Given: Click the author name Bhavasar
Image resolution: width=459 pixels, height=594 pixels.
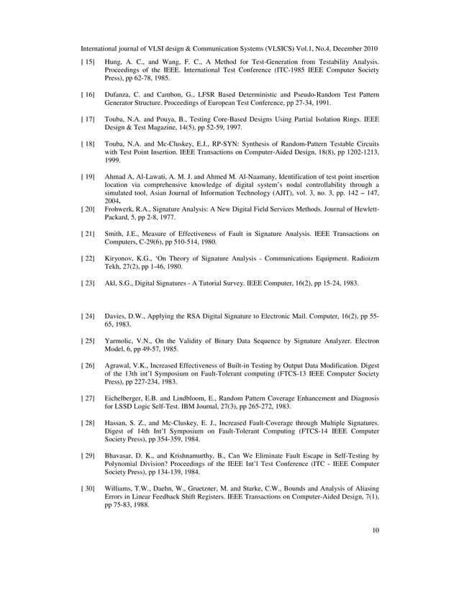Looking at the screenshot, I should pos(122,455).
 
